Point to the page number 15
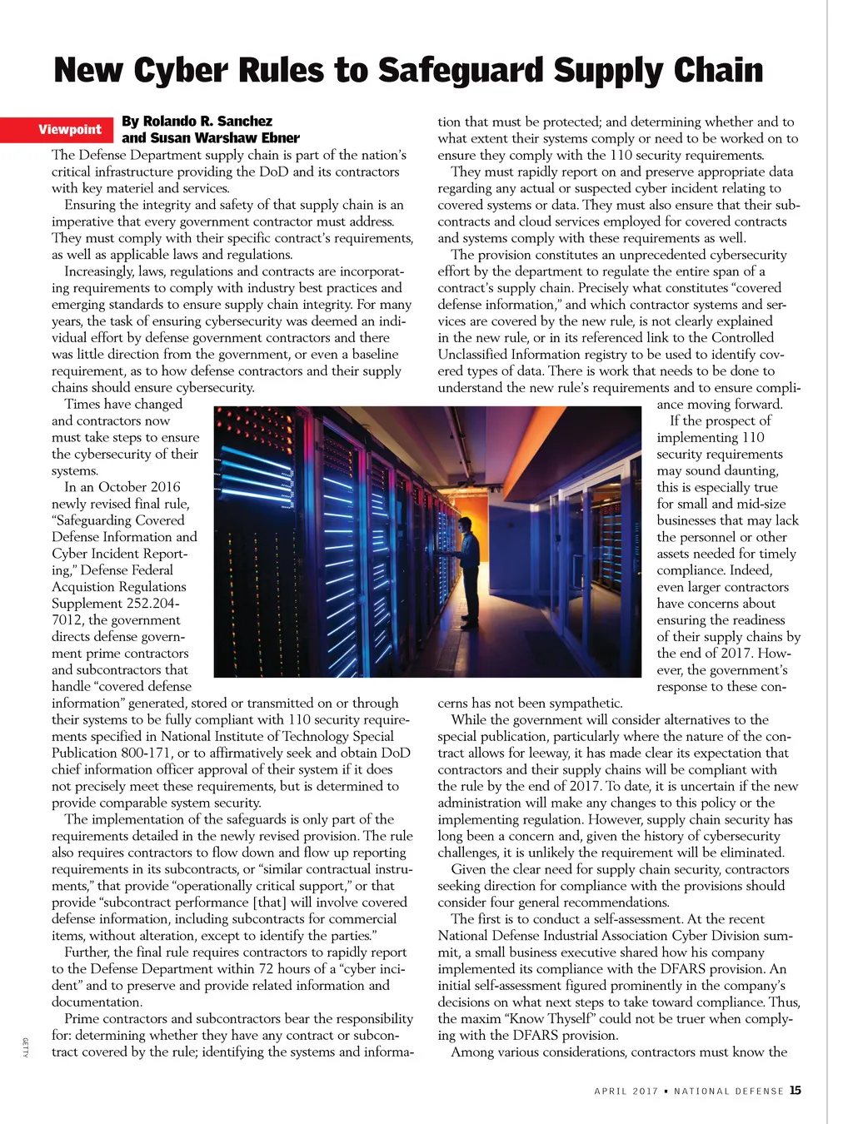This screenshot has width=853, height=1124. click(x=796, y=1090)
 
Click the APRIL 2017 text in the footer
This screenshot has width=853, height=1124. click(x=626, y=1091)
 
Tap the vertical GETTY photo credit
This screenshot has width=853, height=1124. click(x=25, y=1047)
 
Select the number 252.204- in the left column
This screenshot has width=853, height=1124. click(x=152, y=604)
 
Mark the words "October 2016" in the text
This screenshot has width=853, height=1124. click(x=139, y=487)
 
